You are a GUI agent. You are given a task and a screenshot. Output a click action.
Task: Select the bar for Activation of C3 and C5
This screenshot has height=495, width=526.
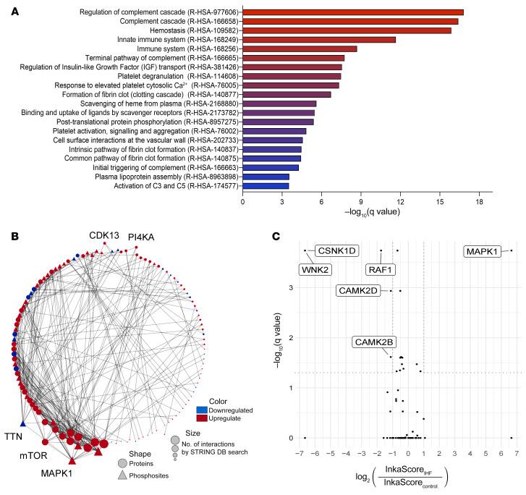[x=266, y=186]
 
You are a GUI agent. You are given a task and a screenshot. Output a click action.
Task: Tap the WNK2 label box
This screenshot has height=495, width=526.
[x=316, y=270]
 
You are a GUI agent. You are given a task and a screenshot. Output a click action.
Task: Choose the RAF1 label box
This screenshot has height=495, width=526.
[x=383, y=270]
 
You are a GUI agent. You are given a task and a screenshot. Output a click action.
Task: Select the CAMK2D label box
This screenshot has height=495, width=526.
[x=360, y=291]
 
